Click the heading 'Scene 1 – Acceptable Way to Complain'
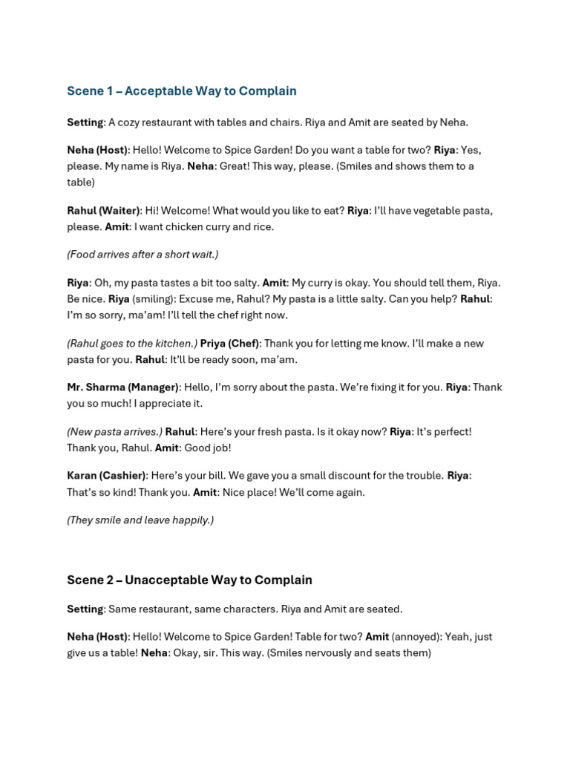pos(181,91)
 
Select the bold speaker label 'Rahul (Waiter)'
pos(103,211)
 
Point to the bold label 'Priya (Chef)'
pos(229,344)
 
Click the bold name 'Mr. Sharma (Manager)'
pos(122,387)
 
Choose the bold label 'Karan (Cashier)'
pos(106,476)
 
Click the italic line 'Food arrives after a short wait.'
pos(142,255)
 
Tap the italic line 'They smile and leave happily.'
pos(140,520)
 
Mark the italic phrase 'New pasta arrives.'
pos(114,432)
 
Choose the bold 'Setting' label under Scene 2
pos(85,609)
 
